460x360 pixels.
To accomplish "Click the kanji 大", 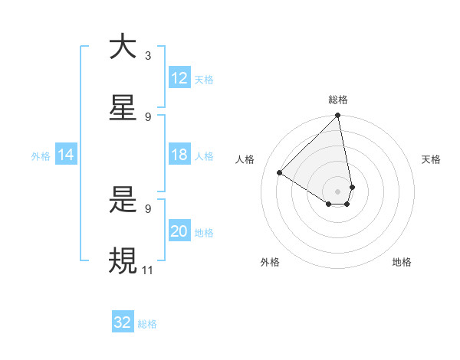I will point(123,47).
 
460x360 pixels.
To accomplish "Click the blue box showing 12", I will point(179,78).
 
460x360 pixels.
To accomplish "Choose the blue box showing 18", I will point(179,155).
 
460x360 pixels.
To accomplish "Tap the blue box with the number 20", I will point(179,231).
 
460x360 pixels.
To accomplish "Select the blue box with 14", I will point(66,155).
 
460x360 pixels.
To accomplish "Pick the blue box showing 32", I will point(123,322).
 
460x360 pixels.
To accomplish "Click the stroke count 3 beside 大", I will point(148,55).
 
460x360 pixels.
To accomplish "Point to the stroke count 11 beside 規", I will point(148,270).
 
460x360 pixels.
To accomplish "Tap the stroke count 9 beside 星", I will point(148,116).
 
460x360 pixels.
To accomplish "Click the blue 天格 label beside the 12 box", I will point(204,79).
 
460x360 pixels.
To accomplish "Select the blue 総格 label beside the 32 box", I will point(147,323).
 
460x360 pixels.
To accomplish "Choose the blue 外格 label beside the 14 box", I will point(41,155).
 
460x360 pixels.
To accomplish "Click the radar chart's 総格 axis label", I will point(338,100).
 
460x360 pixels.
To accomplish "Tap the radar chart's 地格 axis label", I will point(402,262).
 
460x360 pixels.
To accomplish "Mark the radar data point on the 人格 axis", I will point(280,173).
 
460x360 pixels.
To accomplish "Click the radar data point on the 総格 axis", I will point(338,116).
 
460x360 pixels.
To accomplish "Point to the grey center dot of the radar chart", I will point(338,191).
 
